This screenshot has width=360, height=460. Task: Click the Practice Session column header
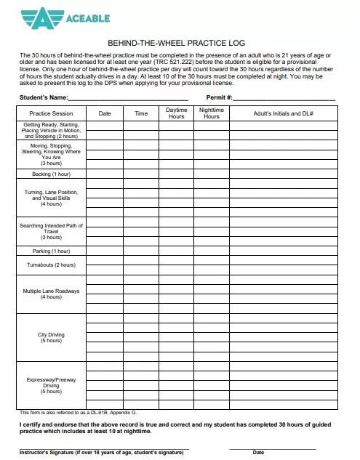click(51, 113)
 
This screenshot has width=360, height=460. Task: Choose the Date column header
click(105, 113)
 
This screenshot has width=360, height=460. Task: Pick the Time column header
click(141, 113)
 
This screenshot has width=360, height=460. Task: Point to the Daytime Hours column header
click(177, 113)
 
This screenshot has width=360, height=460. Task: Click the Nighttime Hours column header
click(212, 113)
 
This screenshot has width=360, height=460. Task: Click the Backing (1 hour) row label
click(51, 174)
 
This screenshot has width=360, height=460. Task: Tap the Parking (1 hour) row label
click(51, 251)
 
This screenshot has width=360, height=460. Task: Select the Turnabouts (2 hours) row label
click(51, 265)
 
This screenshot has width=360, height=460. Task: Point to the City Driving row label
click(51, 337)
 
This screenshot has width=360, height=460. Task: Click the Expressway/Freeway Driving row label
click(51, 385)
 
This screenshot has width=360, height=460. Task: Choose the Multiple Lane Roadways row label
click(51, 294)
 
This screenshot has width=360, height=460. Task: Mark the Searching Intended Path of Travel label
click(51, 231)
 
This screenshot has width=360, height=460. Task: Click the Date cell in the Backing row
click(105, 174)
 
